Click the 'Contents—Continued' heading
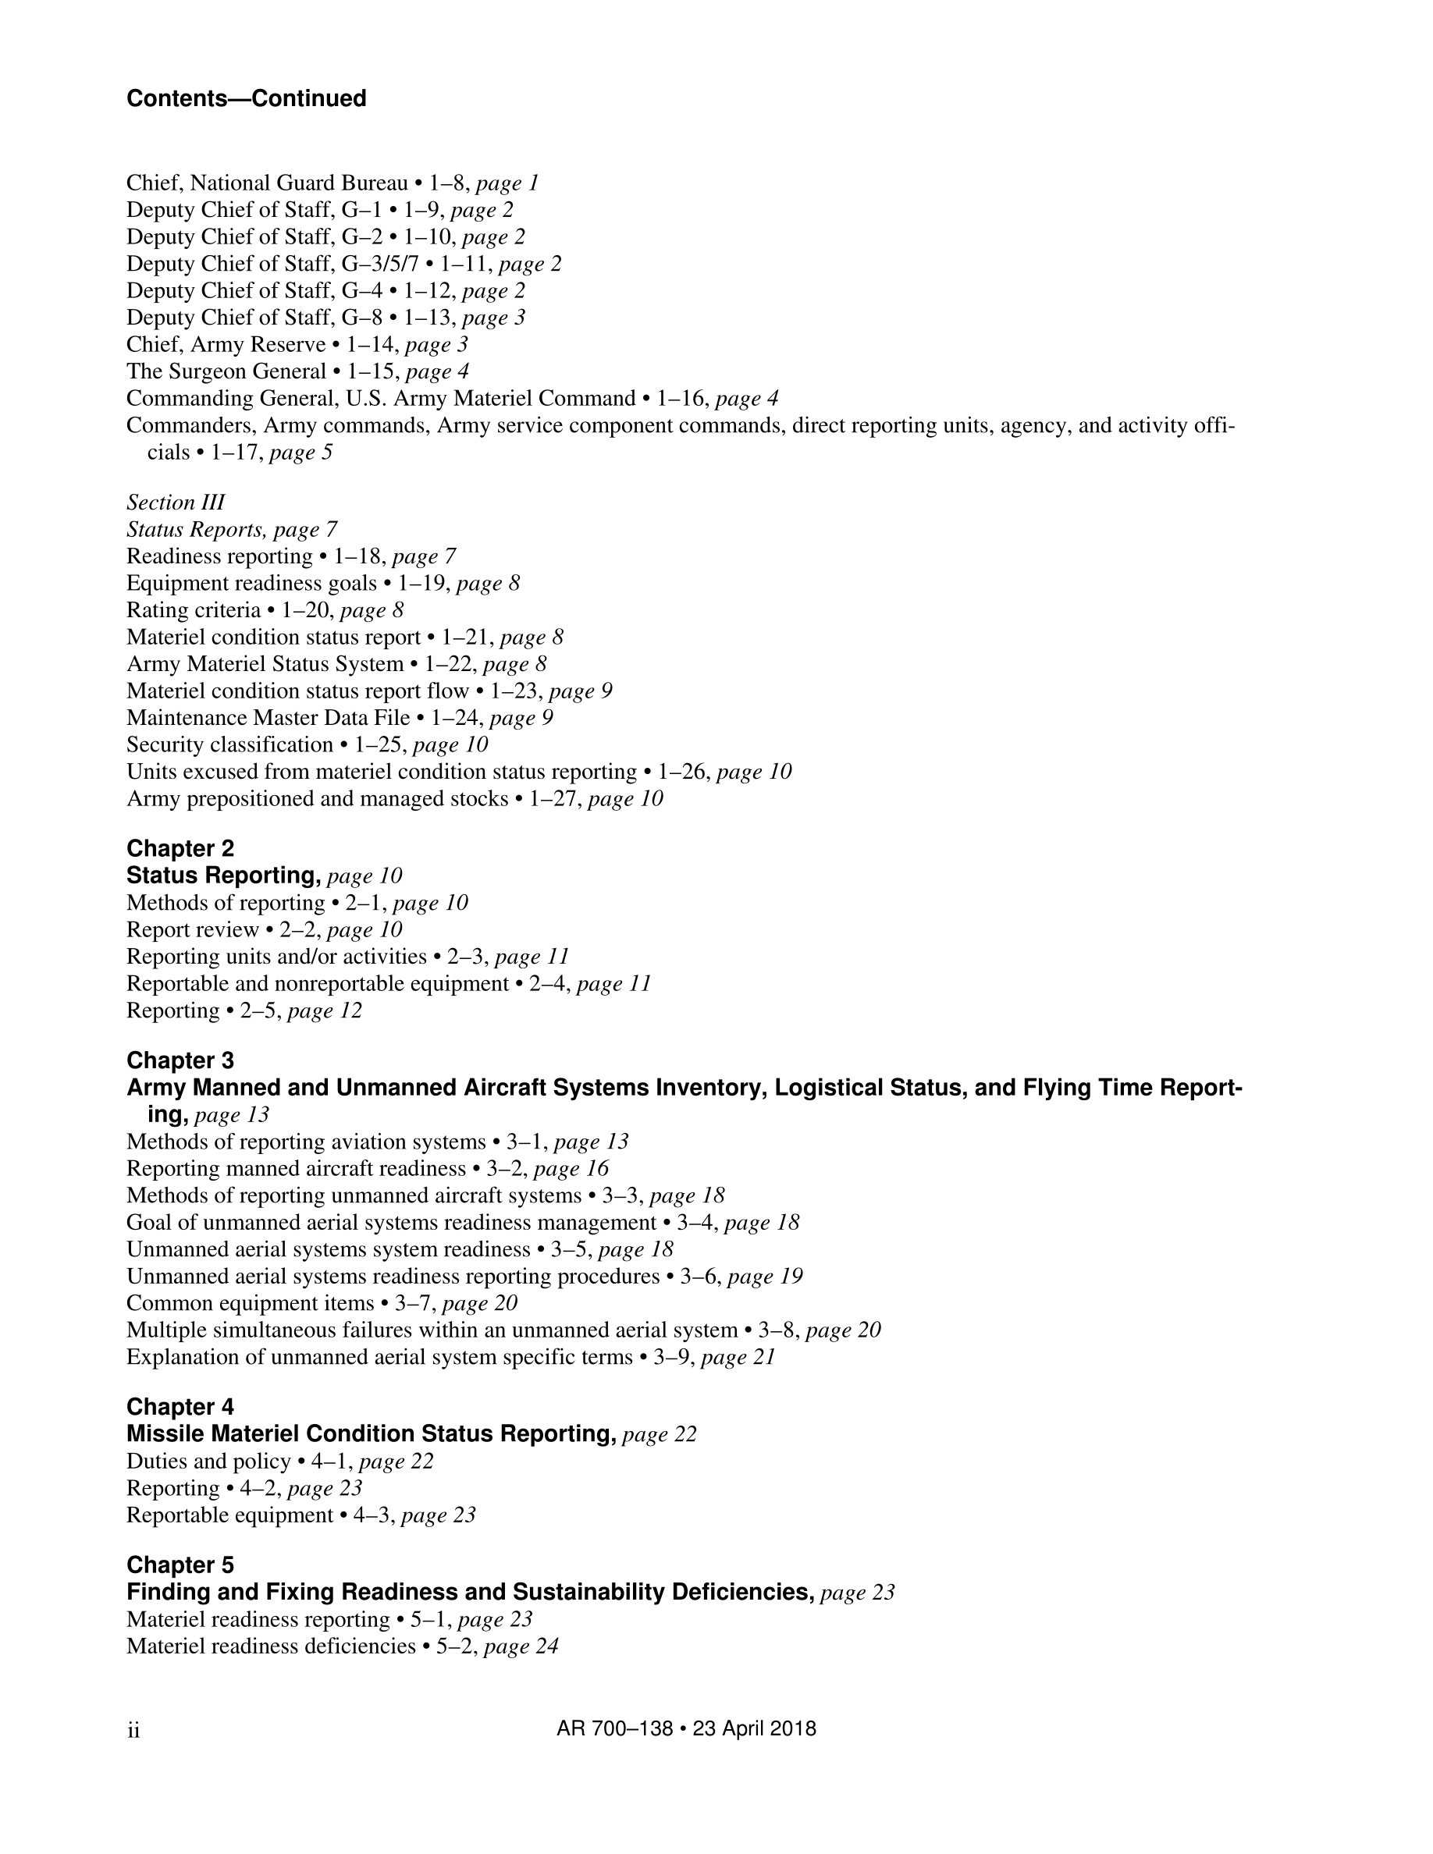246,98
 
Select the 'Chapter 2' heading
180,848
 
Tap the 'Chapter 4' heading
180,1407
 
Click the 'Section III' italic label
176,503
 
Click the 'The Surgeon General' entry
226,372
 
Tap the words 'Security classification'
229,745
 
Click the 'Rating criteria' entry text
194,610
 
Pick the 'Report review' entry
193,929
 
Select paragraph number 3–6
700,1277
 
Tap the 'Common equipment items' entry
251,1303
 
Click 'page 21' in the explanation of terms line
738,1358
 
